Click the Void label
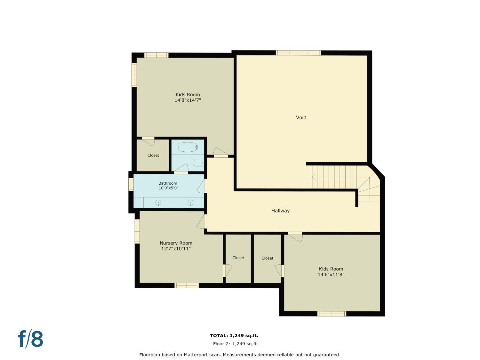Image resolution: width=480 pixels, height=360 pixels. [x=301, y=117]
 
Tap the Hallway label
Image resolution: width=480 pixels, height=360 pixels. [x=280, y=211]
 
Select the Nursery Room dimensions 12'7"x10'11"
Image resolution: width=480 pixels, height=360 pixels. [x=176, y=249]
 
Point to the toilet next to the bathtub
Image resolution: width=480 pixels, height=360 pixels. [x=198, y=163]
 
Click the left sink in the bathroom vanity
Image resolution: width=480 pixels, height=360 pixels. [x=158, y=203]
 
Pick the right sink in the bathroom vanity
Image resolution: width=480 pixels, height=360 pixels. [x=190, y=203]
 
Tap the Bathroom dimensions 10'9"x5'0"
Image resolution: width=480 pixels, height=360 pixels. [x=168, y=188]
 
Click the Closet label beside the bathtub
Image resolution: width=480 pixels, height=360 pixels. [x=153, y=156]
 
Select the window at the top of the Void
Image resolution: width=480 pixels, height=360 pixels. [x=298, y=53]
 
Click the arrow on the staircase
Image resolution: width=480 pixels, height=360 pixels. [x=314, y=177]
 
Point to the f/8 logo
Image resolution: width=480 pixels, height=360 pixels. [x=30, y=339]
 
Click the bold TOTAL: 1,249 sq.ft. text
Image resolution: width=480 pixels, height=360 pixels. [x=234, y=335]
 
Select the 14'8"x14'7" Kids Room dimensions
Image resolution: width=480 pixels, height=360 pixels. [x=188, y=100]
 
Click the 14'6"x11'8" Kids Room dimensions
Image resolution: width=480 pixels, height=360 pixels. [x=331, y=275]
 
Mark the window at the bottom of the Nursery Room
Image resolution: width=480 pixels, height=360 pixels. [x=187, y=285]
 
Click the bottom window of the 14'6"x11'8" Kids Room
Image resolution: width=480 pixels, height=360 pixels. [x=332, y=314]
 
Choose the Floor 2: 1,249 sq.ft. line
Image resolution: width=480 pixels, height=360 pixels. [x=236, y=344]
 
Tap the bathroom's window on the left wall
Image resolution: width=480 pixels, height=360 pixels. [x=131, y=185]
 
